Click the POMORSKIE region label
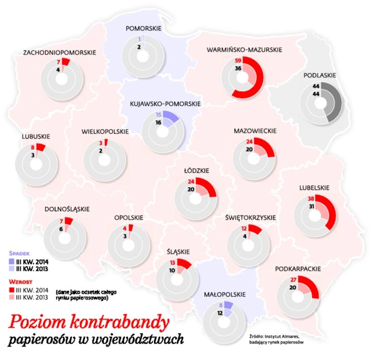(x=143, y=28)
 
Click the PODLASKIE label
(x=320, y=75)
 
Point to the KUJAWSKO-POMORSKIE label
(x=165, y=103)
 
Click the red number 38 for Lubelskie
(x=310, y=198)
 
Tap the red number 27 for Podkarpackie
(x=293, y=280)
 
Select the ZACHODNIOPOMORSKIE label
(x=60, y=52)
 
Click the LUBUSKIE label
(x=36, y=136)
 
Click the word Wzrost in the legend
(x=20, y=282)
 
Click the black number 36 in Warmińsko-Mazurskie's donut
(x=238, y=68)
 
